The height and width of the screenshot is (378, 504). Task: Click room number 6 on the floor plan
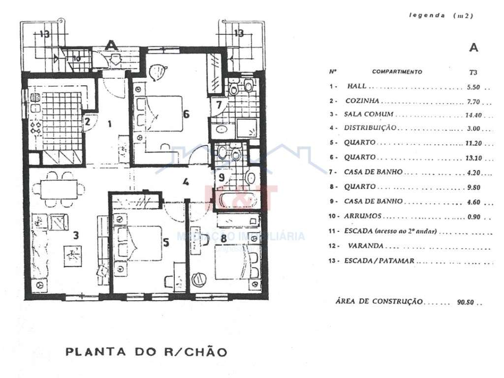(x=186, y=114)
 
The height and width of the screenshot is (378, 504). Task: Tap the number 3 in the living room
(x=75, y=235)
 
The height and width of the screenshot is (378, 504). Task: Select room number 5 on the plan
(x=166, y=242)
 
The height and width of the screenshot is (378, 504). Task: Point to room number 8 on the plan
(x=223, y=238)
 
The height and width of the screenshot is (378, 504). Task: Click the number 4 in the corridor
(x=185, y=181)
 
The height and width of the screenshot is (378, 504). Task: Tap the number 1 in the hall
(x=109, y=124)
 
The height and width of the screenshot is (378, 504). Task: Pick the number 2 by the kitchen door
(x=87, y=122)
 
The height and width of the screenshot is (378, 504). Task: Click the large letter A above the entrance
(x=112, y=45)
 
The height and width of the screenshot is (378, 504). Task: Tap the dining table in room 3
(x=59, y=189)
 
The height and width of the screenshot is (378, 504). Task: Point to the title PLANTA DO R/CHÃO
(x=146, y=352)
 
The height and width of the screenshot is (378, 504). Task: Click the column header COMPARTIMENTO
(x=397, y=72)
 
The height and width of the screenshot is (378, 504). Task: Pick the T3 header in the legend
(x=473, y=72)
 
